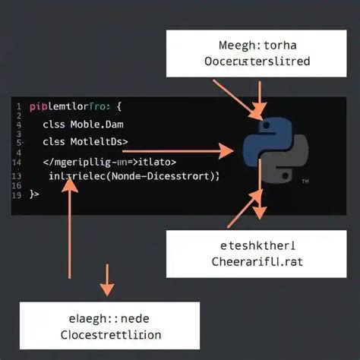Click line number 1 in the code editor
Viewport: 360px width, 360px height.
[x=17, y=107]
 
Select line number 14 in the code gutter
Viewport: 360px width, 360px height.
[x=17, y=162]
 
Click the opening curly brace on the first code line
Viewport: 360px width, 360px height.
[x=120, y=108]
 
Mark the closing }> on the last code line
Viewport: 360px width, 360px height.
[x=33, y=195]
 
